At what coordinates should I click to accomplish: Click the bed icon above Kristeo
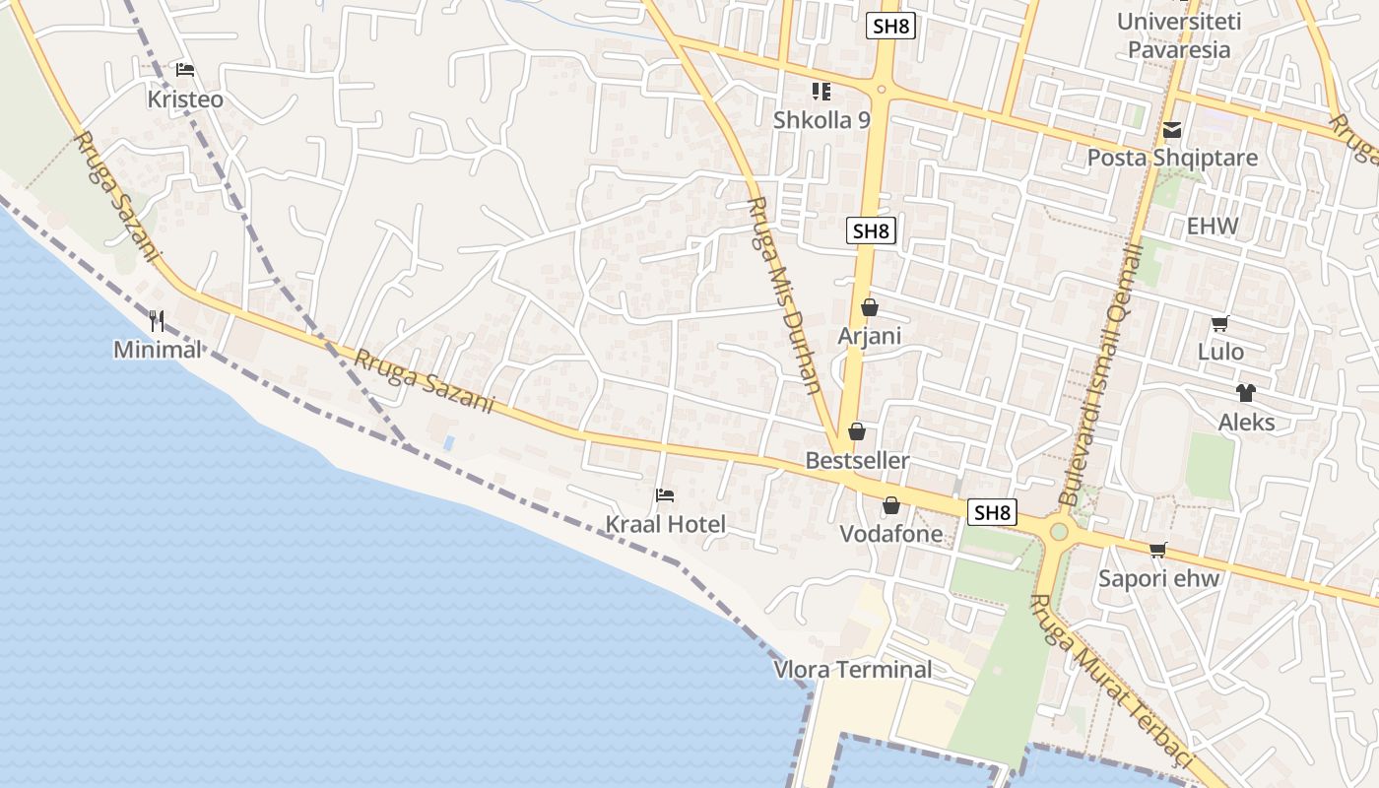(184, 70)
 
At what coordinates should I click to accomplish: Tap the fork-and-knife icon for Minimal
(157, 320)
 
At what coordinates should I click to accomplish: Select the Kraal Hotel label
(665, 524)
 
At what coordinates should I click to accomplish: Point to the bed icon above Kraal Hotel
(665, 494)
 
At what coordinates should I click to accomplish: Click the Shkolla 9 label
(821, 120)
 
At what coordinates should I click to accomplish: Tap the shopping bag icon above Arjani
(869, 307)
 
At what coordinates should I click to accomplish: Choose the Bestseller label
(857, 460)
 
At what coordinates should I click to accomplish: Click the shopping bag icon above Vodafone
(891, 505)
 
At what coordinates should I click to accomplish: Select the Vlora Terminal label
(853, 670)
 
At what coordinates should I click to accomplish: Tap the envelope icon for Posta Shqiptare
(1172, 129)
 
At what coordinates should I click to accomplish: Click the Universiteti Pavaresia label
(1179, 35)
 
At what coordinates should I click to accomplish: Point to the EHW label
(1212, 226)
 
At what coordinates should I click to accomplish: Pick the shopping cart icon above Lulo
(1219, 323)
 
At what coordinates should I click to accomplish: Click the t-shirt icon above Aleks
(1246, 393)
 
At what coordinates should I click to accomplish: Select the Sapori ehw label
(1159, 578)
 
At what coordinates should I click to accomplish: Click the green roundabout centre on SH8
(1059, 532)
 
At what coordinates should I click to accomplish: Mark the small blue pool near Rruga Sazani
(449, 442)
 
